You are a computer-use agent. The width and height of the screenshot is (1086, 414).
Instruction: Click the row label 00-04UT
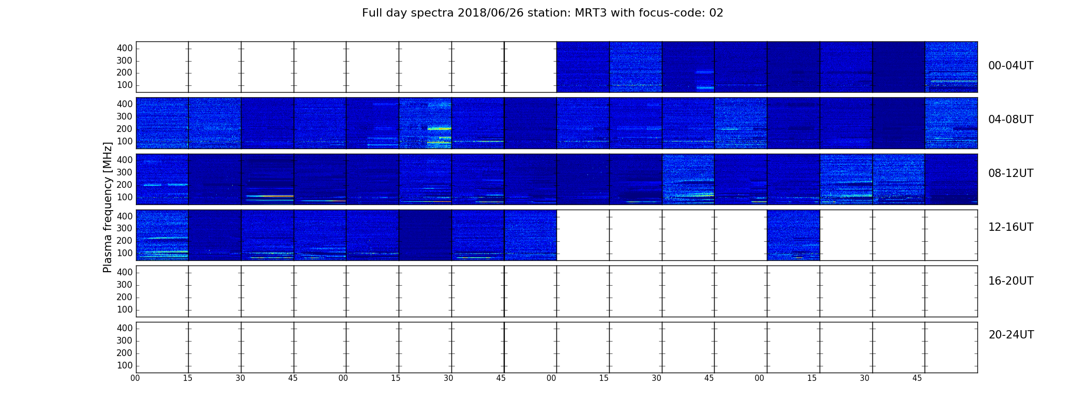(1010, 66)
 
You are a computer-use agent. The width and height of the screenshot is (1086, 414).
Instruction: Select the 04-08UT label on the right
(1010, 120)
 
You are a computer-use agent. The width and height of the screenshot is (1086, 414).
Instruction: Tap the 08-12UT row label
(1010, 173)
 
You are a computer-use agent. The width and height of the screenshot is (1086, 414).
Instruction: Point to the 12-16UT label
(1010, 227)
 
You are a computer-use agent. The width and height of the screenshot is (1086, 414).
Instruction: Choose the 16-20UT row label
(1010, 281)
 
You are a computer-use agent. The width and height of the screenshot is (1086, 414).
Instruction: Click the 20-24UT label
(1011, 335)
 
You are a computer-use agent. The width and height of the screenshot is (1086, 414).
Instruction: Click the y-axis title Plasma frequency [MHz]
(108, 207)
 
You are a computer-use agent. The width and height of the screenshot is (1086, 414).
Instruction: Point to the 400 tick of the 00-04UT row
(125, 49)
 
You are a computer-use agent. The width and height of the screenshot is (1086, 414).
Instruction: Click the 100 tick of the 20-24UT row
(125, 365)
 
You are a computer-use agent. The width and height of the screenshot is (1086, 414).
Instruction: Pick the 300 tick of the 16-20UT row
(125, 285)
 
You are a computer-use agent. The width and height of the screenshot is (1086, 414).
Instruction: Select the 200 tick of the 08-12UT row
(125, 185)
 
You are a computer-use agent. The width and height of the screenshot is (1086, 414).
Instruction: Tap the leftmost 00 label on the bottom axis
(135, 378)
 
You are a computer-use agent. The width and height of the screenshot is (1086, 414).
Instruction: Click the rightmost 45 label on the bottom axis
(917, 378)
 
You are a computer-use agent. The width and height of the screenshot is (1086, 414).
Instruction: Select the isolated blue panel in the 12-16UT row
(793, 235)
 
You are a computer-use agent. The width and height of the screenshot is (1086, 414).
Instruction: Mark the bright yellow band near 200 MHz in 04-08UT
(440, 128)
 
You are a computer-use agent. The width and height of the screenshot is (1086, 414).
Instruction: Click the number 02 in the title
(716, 13)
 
